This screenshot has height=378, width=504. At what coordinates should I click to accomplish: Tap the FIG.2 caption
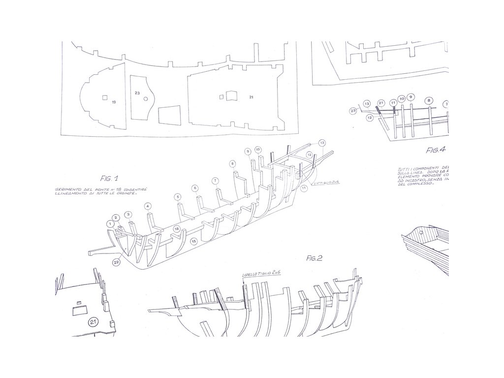coord(314,257)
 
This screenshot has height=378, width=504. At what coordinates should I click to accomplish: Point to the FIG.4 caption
coord(436,150)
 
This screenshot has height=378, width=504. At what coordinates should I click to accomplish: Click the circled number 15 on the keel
coord(194,241)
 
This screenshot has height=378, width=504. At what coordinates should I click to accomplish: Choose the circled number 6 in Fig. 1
coord(195,188)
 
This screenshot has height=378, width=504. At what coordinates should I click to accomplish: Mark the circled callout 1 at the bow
coord(109,223)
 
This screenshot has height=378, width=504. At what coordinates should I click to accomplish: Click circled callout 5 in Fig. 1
coord(177,197)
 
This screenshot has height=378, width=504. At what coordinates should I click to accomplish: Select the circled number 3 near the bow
coord(128,215)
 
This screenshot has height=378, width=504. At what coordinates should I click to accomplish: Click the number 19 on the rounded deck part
coord(114,102)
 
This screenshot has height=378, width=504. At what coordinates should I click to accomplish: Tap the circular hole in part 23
coord(146,99)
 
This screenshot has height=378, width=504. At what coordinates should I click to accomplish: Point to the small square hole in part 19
coord(105,97)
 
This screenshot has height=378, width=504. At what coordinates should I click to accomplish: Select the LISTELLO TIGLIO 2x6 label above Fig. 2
coord(261,274)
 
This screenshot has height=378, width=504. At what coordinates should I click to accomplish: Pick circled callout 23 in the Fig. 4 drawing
coord(353,111)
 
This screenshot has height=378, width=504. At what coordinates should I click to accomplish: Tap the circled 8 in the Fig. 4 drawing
coord(429,100)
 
